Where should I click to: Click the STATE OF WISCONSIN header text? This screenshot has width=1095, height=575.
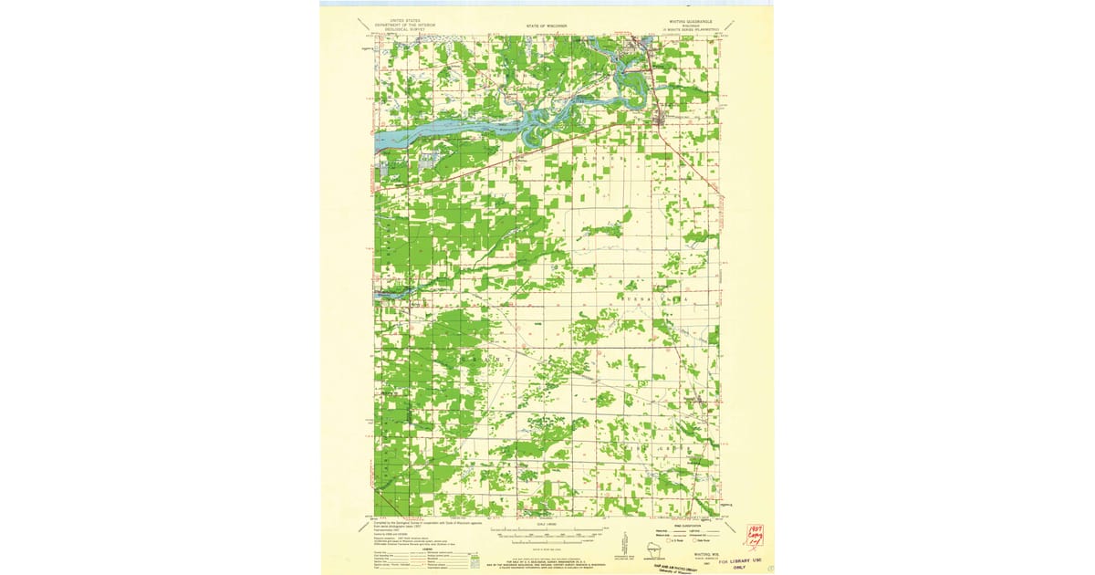tap(547, 26)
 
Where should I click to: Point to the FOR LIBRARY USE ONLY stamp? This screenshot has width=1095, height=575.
tap(740, 559)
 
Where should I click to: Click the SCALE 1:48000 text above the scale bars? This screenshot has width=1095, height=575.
tap(547, 522)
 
